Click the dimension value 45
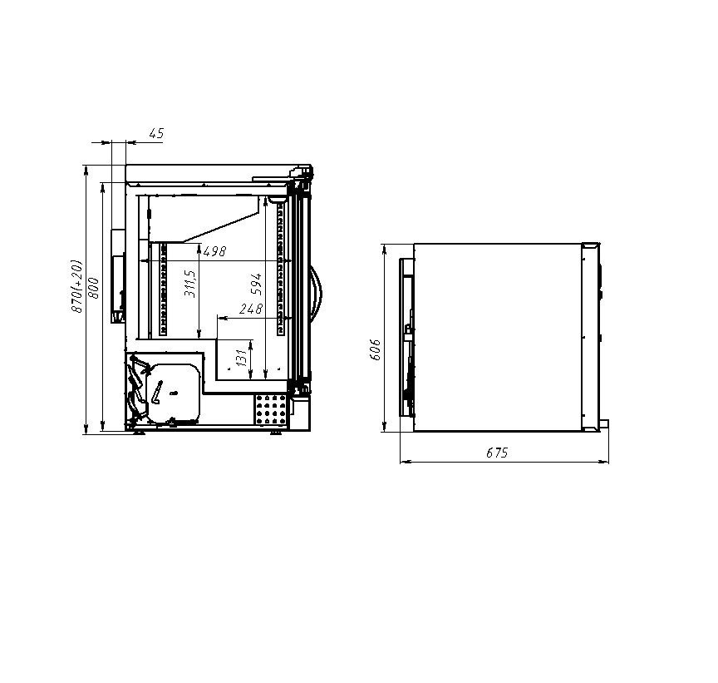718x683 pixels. (156, 133)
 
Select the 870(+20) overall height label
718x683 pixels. (77, 286)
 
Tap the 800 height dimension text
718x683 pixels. (93, 288)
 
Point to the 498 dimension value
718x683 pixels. (214, 251)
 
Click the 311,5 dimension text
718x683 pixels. (190, 284)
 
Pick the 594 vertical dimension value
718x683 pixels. (257, 285)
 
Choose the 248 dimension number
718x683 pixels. (251, 309)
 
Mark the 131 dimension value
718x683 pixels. (242, 357)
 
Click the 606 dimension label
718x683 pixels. (375, 349)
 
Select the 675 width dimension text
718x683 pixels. (497, 453)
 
